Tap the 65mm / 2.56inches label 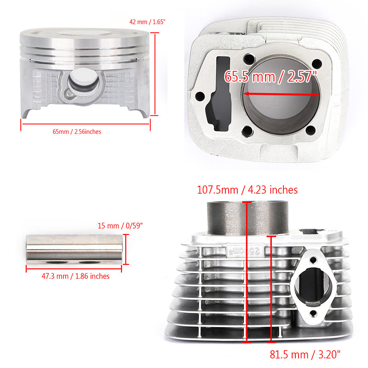(x=77, y=132)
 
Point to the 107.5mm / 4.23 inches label (x=247, y=190)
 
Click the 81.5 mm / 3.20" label (x=305, y=354)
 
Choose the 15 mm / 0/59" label (x=121, y=225)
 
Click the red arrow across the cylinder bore (x=281, y=94)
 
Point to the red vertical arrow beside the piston (x=155, y=74)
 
